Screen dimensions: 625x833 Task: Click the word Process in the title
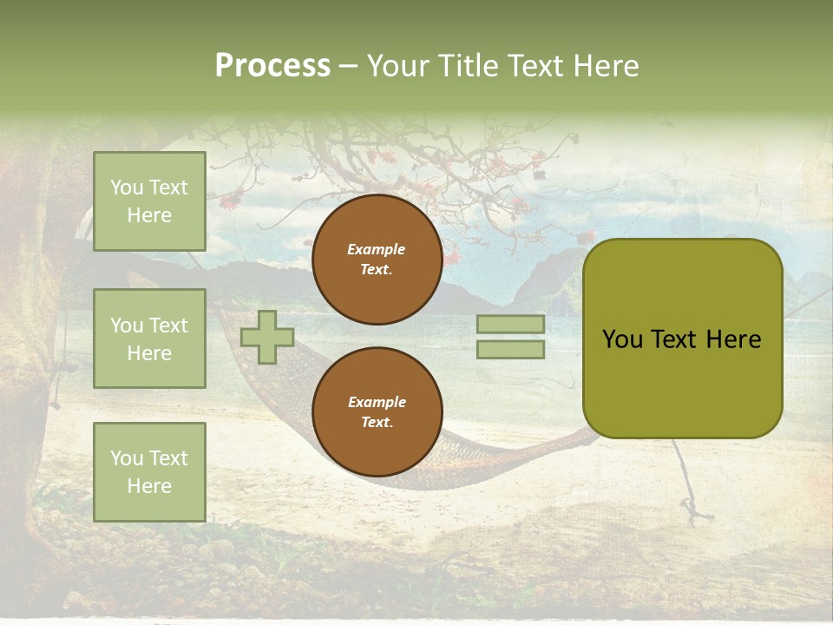[272, 66]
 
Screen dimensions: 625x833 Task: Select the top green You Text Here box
[149, 201]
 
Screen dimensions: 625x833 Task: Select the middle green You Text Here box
[149, 339]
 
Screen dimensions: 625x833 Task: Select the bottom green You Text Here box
[149, 472]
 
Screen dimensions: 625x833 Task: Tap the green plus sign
[267, 337]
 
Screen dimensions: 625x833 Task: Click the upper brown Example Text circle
[377, 260]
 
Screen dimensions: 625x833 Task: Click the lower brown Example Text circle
[377, 412]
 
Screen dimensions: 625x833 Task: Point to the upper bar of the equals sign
[510, 325]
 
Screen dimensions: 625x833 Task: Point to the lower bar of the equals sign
[510, 349]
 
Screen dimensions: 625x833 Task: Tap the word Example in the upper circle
[377, 249]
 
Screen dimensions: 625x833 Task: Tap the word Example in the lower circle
[377, 402]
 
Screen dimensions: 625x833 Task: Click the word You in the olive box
[622, 339]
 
